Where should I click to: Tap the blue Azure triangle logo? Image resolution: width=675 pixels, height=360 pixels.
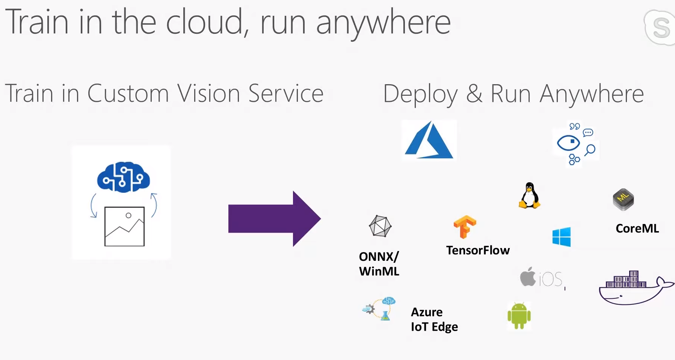429,141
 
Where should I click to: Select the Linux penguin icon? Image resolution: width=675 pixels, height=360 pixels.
529,195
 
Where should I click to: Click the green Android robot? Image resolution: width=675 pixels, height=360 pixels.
519,315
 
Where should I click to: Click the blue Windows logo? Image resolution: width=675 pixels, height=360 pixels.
561,237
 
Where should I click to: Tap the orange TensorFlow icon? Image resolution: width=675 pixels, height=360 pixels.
465,227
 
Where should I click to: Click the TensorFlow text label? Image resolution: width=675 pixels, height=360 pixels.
478,250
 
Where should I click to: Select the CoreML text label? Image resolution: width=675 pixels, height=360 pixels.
637,228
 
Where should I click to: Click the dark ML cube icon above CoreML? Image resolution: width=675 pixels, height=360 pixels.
623,199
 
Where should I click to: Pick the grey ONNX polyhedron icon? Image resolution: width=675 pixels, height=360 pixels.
380,226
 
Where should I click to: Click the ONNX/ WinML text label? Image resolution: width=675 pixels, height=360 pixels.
379,264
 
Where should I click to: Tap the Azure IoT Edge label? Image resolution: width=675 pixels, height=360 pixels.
434,319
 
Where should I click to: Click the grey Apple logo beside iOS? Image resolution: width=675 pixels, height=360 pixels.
528,277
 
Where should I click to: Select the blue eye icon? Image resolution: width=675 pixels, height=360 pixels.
568,143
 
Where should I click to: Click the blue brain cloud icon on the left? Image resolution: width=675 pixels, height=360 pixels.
123,177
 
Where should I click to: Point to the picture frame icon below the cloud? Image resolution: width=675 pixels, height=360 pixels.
124,227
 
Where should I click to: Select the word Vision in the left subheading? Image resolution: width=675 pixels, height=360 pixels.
208,93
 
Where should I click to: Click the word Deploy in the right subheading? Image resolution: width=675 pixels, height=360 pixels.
420,94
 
